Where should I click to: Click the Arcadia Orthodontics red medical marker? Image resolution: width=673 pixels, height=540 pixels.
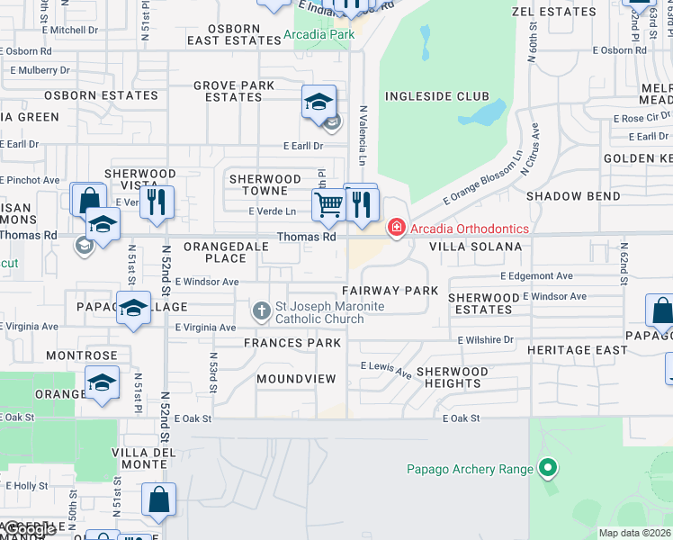coord(396,229)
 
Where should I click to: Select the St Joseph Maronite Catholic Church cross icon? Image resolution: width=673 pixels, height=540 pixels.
coord(262,312)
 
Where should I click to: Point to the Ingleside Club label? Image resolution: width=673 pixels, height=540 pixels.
coord(437,96)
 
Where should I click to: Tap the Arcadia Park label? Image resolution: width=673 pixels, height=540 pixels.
coord(319,35)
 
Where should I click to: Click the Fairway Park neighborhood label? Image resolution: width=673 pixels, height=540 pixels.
coord(390,291)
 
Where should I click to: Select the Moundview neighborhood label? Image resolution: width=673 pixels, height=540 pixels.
coord(296,379)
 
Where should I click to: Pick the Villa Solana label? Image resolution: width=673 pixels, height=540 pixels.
coord(475,247)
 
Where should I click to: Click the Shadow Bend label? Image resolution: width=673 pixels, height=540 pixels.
coord(573,196)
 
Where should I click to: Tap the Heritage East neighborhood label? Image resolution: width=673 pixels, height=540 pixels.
coord(578,350)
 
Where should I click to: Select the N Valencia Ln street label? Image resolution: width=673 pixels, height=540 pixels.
coord(363,135)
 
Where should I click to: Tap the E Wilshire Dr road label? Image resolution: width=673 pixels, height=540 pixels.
coord(485,340)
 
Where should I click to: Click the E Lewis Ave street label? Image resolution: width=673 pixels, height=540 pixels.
coord(386,368)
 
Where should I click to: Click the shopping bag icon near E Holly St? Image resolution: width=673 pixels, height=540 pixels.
coord(158,500)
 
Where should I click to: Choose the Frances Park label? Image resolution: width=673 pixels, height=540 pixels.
coord(292,343)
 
